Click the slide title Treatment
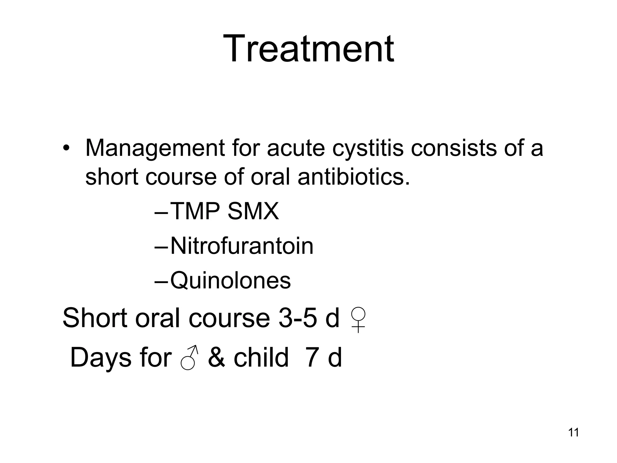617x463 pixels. click(x=308, y=49)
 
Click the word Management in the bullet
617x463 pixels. click(x=155, y=148)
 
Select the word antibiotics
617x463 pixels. click(x=354, y=177)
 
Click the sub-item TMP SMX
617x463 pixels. click(x=224, y=211)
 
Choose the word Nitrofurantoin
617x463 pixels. click(x=242, y=246)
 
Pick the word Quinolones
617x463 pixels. click(x=230, y=281)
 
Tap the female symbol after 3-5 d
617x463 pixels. click(x=358, y=320)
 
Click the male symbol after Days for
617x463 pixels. click(x=189, y=358)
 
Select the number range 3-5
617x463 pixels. click(x=298, y=318)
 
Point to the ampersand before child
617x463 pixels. click(x=216, y=358)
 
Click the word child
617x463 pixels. click(x=261, y=358)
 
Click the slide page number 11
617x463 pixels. click(x=573, y=433)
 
